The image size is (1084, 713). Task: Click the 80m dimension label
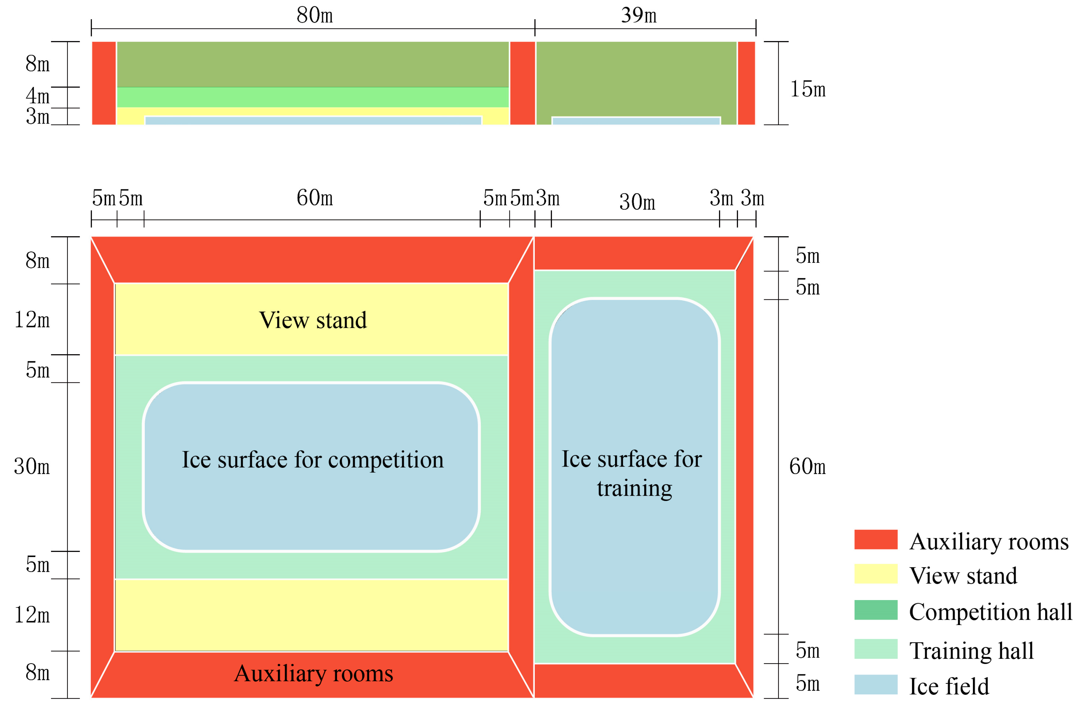point(314,15)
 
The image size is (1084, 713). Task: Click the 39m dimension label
point(638,15)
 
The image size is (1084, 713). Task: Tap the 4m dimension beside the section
point(37,96)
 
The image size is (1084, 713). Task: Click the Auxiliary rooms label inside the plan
point(313,674)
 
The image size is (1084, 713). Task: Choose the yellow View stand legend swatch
point(875,574)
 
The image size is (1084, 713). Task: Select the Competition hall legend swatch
point(875,610)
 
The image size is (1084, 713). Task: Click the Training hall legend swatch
point(875,649)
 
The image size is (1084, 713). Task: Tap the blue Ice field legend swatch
point(875,684)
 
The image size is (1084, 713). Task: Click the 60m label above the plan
point(314,198)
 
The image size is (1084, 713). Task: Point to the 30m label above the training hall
point(637,202)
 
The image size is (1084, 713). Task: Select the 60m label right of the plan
point(807,467)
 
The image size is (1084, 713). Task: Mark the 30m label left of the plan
point(31,467)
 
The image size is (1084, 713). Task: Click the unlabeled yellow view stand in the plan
point(312,615)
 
